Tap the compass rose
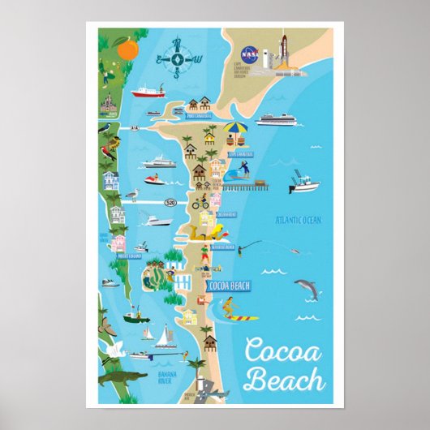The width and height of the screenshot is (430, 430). click(177, 58)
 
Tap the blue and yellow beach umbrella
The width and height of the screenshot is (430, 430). click(235, 130)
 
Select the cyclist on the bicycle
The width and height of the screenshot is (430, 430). click(200, 203)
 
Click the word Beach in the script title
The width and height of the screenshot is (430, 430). click(284, 378)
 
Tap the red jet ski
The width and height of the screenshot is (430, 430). click(154, 179)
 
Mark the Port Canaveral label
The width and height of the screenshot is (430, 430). click(199, 116)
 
